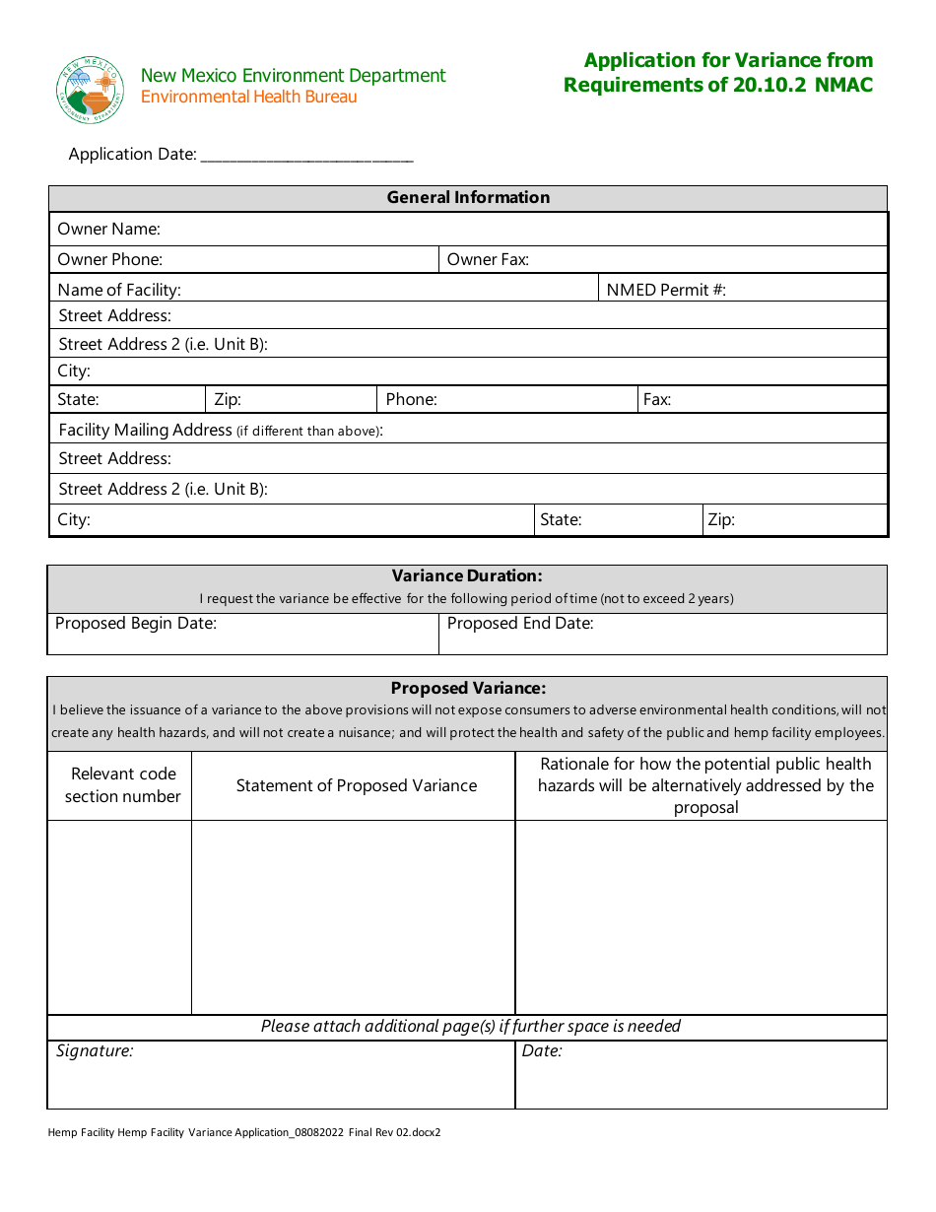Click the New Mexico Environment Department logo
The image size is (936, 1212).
coord(90,90)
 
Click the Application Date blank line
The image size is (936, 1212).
coord(306,156)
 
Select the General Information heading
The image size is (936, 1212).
coord(468,198)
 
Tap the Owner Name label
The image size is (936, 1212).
coord(108,230)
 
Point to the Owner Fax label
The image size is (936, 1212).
coord(488,260)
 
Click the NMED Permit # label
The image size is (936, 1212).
coord(666,290)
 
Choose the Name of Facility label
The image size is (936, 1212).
coord(119,290)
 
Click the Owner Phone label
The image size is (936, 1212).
coord(110,260)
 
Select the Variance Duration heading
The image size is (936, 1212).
coord(467,576)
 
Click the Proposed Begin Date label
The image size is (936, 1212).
coord(136,624)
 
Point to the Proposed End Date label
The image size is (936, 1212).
coord(520,624)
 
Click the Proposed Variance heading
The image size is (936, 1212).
coord(468,689)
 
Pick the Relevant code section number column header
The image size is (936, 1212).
coord(123,785)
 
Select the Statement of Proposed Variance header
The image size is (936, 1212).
coord(357,786)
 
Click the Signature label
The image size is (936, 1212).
coord(95,1051)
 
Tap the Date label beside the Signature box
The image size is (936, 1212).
coord(542,1051)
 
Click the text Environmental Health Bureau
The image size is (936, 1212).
coord(249,98)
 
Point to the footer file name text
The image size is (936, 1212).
coord(244,1133)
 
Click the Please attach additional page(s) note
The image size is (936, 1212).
coord(471,1027)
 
